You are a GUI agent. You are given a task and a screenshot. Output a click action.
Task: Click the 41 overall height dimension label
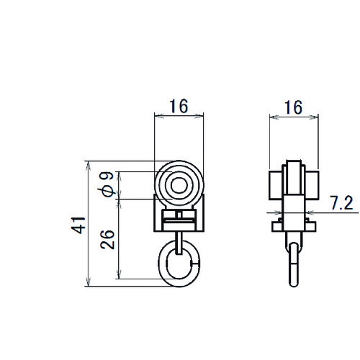(x=78, y=225)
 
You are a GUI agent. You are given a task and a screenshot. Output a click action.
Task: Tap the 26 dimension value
(x=107, y=240)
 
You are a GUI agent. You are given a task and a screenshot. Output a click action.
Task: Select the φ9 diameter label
(x=107, y=184)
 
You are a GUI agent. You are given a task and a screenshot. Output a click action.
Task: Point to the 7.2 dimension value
(x=342, y=203)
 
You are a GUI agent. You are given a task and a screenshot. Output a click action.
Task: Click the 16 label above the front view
(x=179, y=106)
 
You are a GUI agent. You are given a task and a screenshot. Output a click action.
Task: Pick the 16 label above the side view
(x=293, y=107)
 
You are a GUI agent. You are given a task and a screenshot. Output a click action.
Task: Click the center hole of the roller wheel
(x=179, y=185)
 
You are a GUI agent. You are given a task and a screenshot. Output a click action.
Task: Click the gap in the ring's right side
(x=195, y=264)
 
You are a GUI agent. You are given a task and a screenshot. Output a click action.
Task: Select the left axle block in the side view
(x=276, y=185)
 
